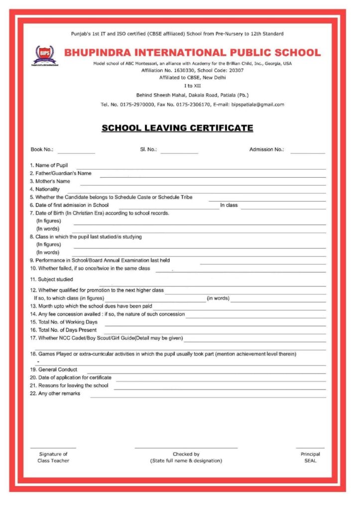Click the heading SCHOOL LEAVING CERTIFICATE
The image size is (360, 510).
coord(177,128)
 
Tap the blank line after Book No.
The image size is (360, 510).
coord(76,152)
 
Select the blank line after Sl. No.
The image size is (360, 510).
coord(179,152)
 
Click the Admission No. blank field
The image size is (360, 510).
coord(307,152)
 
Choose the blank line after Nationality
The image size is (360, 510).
coord(194,192)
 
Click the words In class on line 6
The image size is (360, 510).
coord(229,205)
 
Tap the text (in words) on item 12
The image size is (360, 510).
coord(218,298)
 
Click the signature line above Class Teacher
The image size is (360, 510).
coord(53,448)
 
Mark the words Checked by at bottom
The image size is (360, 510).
coord(186,454)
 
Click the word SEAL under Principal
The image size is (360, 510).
coord(310,461)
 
